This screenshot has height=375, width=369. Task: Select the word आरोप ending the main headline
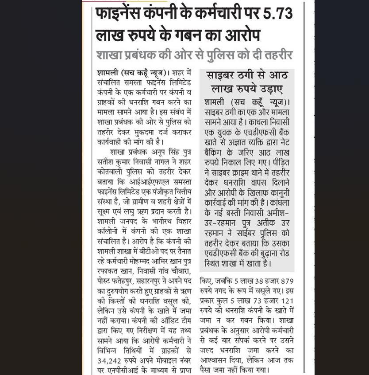pyautogui.click(x=239, y=35)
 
